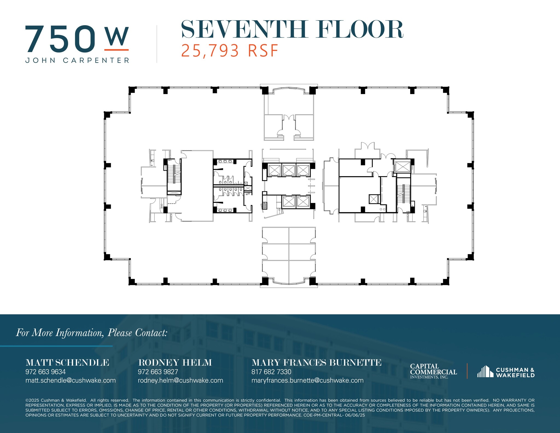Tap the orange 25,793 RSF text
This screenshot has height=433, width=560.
pyautogui.click(x=229, y=51)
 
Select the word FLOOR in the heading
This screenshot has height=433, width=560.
pyautogui.click(x=360, y=29)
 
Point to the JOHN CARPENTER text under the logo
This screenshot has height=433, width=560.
pyautogui.click(x=77, y=60)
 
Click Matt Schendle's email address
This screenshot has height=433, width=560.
pyautogui.click(x=71, y=380)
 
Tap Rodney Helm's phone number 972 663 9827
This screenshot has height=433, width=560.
pyautogui.click(x=158, y=372)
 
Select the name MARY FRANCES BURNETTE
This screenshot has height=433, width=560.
pyautogui.click(x=316, y=363)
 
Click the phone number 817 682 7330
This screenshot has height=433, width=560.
pyautogui.click(x=271, y=372)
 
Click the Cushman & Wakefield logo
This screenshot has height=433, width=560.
pyautogui.click(x=506, y=372)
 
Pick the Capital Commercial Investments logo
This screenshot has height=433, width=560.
pyautogui.click(x=433, y=371)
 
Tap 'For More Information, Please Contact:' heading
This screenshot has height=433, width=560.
pyautogui.click(x=92, y=333)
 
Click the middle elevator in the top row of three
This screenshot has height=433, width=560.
pyautogui.click(x=288, y=170)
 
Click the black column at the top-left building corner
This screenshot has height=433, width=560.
pyautogui.click(x=132, y=90)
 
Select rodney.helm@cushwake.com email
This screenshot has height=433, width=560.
pyautogui.click(x=180, y=380)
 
